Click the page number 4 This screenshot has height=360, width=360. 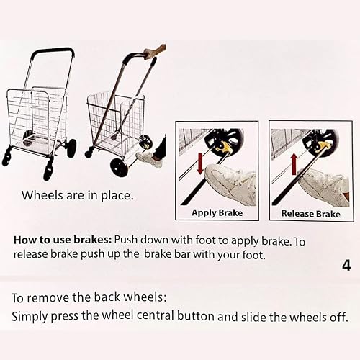pyautogui.click(x=346, y=264)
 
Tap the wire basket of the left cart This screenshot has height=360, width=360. pyautogui.click(x=36, y=115)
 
